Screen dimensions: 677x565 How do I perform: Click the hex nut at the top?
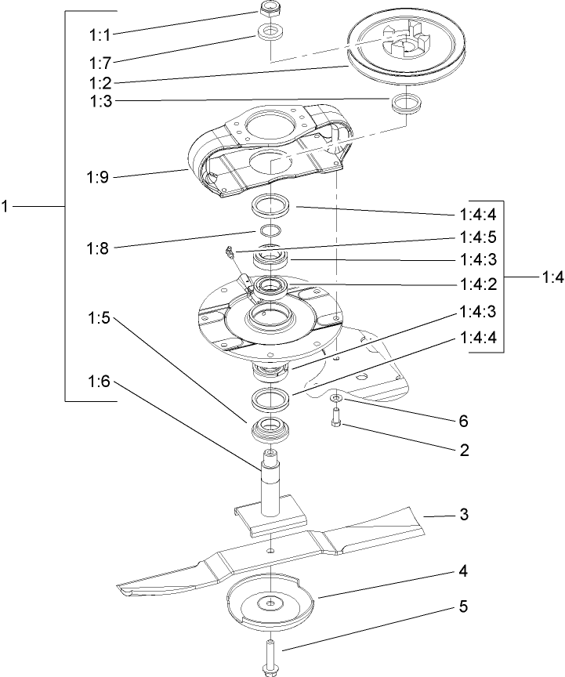[x=270, y=9]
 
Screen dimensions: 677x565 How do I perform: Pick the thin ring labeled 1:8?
[x=270, y=231]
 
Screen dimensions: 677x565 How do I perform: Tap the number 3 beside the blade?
[x=464, y=515]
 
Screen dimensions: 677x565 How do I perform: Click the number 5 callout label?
[x=464, y=606]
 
